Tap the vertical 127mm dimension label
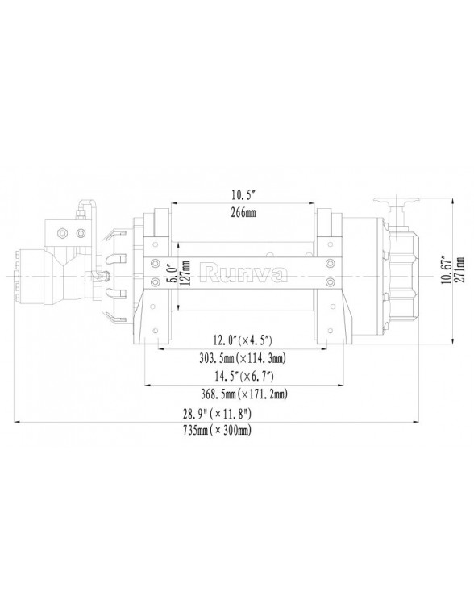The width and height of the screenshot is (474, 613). point(187,273)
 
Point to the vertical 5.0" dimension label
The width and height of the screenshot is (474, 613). point(170,273)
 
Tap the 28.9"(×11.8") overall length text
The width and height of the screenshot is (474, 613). point(218,413)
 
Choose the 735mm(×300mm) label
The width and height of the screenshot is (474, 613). point(218,432)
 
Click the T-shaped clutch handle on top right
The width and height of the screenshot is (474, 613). point(396,202)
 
